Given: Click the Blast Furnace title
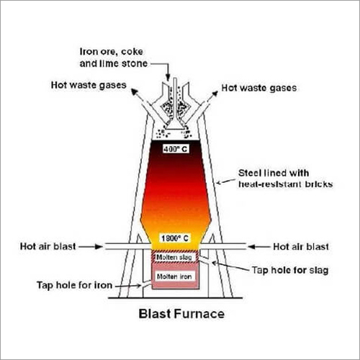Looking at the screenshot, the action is (x=181, y=314).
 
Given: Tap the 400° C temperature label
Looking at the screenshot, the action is (x=175, y=149).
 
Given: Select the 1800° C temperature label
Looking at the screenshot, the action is (x=175, y=238).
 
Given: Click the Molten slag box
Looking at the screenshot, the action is (x=174, y=257).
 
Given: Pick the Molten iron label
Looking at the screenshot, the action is (x=174, y=276).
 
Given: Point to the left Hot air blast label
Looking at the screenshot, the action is (x=48, y=246).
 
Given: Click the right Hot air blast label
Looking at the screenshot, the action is (x=301, y=247).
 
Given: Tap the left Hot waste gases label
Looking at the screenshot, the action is (x=89, y=85).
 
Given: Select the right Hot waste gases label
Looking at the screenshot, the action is (x=259, y=88).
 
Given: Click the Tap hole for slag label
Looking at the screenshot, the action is (x=290, y=270).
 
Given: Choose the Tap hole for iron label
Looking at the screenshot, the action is (x=75, y=285).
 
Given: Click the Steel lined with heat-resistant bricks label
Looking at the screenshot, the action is (x=286, y=179).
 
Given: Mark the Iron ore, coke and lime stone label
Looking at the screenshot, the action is (x=113, y=58).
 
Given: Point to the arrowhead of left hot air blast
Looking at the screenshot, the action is (x=99, y=246).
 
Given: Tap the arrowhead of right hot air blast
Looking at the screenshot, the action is (x=251, y=247).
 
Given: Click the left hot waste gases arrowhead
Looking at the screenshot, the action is (x=135, y=92).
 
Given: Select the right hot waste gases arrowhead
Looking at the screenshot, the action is (x=215, y=94).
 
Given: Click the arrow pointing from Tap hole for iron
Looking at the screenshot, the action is (x=128, y=286).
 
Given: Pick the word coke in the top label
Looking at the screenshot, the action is (x=132, y=52).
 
